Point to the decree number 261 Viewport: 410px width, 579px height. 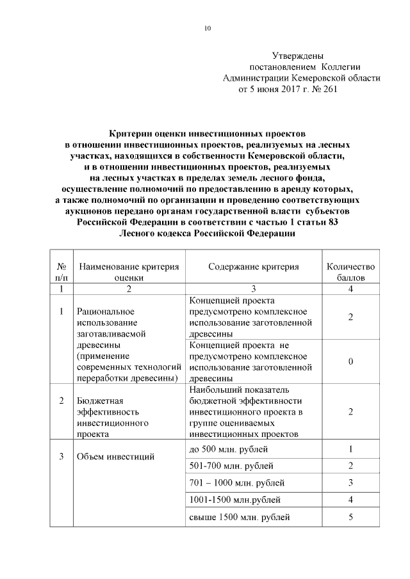(x=327, y=90)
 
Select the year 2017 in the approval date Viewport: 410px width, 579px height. (x=280, y=90)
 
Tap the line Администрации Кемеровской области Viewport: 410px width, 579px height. (x=300, y=79)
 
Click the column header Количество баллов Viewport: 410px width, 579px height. (x=350, y=272)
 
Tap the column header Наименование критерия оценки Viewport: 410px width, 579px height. (x=129, y=272)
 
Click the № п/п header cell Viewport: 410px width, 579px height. (x=62, y=272)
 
